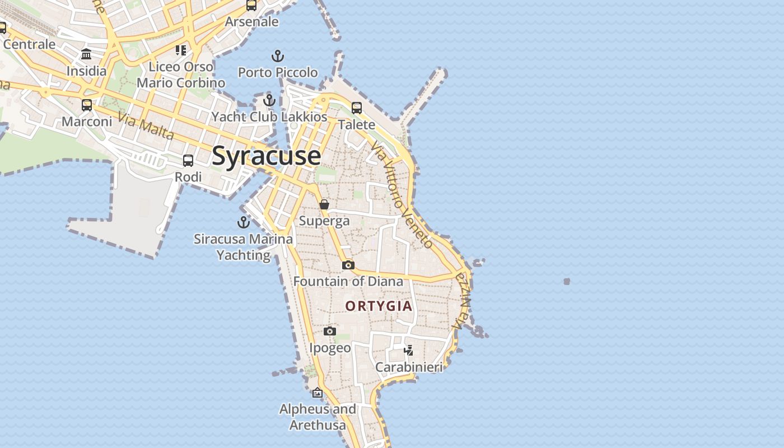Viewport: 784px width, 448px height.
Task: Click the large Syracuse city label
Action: [x=267, y=156]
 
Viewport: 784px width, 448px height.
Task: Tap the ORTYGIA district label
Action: [x=379, y=306]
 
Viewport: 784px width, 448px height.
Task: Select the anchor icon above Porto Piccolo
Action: [x=278, y=56]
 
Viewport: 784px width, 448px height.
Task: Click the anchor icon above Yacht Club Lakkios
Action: [x=269, y=100]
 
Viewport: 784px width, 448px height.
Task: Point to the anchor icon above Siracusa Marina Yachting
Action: [x=244, y=222]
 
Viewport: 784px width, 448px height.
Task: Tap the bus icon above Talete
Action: [x=357, y=108]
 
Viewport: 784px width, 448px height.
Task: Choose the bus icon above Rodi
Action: [x=188, y=161]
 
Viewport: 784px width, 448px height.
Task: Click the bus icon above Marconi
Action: [x=87, y=105]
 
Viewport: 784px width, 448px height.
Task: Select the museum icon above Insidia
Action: [x=86, y=54]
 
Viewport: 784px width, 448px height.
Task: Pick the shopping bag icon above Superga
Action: [x=324, y=204]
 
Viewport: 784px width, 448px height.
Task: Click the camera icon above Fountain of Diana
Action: [x=348, y=265]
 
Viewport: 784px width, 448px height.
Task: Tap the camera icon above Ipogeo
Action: [x=330, y=332]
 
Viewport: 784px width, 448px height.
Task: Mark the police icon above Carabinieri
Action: [x=409, y=351]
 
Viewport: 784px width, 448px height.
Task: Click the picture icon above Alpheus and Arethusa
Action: [x=318, y=393]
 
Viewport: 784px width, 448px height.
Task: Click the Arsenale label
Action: [x=251, y=22]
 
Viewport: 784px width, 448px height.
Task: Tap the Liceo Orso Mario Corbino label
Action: [x=181, y=74]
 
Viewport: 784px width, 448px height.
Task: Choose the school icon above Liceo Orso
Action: [x=181, y=50]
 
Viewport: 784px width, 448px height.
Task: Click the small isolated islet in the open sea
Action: [x=567, y=281]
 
